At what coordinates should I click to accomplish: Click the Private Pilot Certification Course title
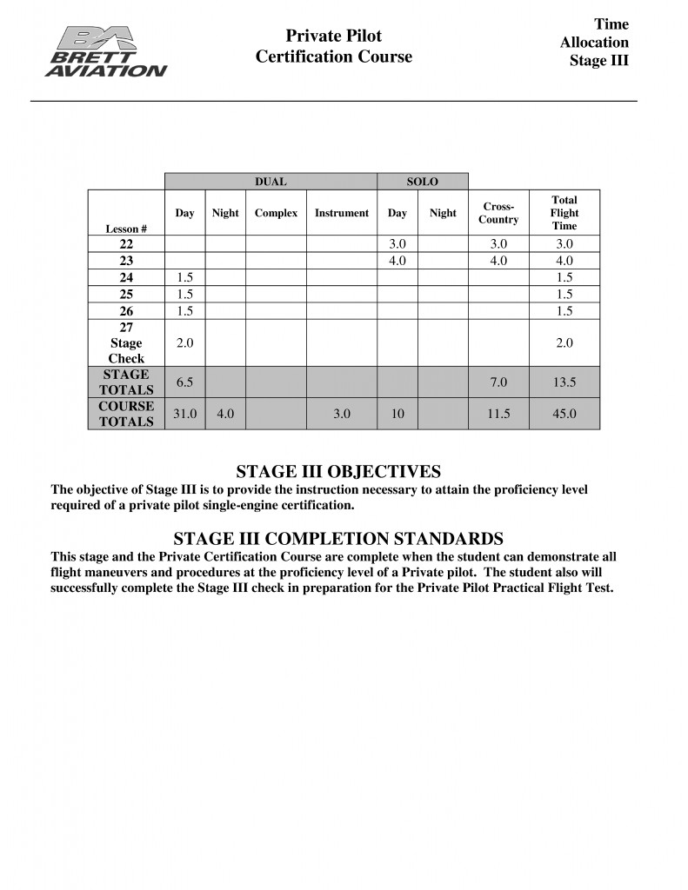[x=334, y=46]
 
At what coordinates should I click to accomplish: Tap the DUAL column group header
[x=271, y=182]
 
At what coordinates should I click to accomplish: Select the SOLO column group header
[x=423, y=182]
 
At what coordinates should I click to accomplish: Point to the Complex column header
[x=276, y=213]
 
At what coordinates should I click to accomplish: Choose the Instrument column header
[x=342, y=213]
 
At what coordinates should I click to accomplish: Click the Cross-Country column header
[x=498, y=213]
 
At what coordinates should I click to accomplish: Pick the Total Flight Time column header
[x=564, y=213]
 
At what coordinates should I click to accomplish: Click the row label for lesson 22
[x=126, y=244]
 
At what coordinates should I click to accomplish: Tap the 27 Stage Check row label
[x=126, y=342]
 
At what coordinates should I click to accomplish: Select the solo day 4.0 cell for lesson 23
[x=397, y=260]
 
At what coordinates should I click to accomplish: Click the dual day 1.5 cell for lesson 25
[x=184, y=294]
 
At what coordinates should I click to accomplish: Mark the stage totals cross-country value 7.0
[x=498, y=382]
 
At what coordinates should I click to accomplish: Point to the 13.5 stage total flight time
[x=564, y=382]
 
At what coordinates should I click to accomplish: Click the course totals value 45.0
[x=564, y=414]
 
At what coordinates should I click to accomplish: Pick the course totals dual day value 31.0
[x=184, y=414]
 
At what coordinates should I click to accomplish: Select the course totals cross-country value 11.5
[x=498, y=414]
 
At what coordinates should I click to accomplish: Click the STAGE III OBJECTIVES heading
[x=338, y=472]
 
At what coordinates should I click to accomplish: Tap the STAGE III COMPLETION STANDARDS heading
[x=338, y=538]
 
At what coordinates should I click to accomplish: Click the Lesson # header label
[x=126, y=229]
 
